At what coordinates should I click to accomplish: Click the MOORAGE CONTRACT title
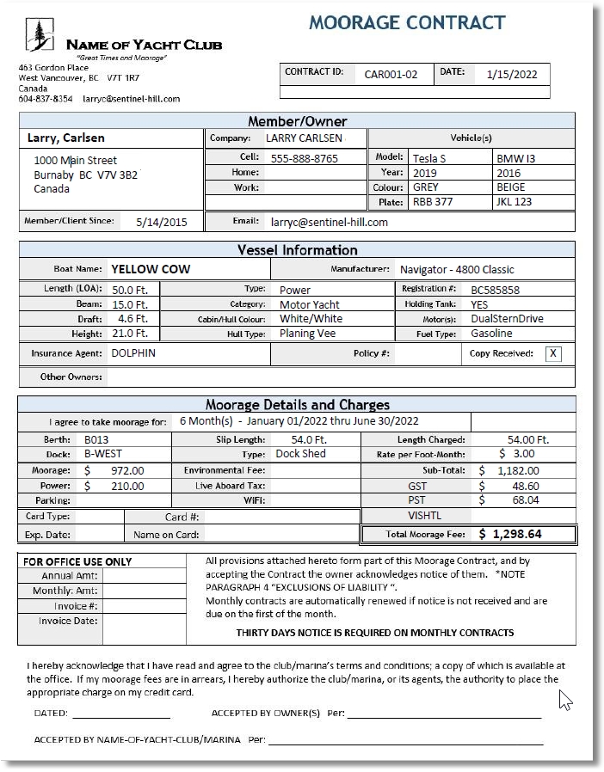point(407,22)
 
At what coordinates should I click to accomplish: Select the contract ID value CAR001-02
point(391,75)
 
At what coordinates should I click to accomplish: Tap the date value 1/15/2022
point(511,75)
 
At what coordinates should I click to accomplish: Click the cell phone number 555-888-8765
point(305,158)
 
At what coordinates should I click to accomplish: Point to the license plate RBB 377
point(433,202)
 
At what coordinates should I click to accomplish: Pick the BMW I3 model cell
point(515,158)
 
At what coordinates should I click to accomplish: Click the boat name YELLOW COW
point(151,269)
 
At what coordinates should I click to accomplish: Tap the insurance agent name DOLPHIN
point(133,353)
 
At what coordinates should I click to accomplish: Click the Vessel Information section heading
point(297,250)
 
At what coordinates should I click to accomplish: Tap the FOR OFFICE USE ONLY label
point(77,561)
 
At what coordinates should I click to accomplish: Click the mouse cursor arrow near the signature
point(564,699)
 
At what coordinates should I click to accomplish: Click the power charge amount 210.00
point(127,485)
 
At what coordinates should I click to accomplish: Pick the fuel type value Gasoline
point(490,334)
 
